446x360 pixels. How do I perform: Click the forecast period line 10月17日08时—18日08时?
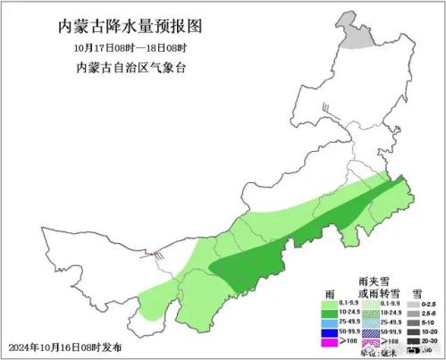(124, 46)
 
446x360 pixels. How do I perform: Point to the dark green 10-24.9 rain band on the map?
(295, 241)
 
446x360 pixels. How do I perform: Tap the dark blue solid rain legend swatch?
(328, 332)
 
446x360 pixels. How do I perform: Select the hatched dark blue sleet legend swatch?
(369, 332)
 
